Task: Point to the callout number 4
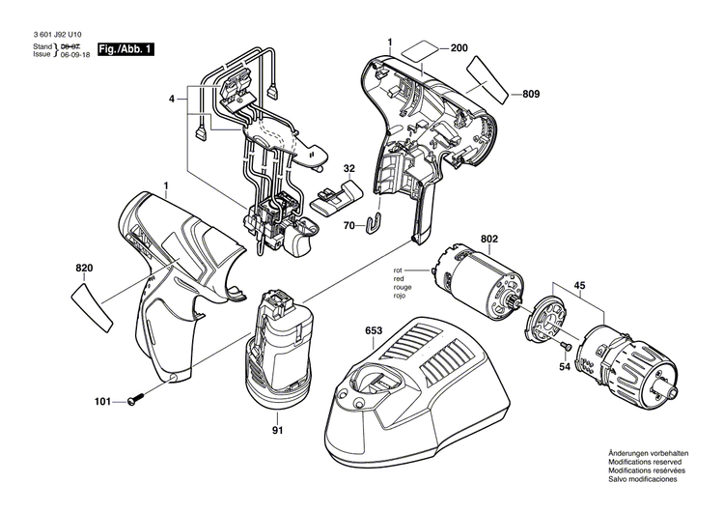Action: [x=172, y=98]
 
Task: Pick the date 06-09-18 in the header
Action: [x=75, y=55]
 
